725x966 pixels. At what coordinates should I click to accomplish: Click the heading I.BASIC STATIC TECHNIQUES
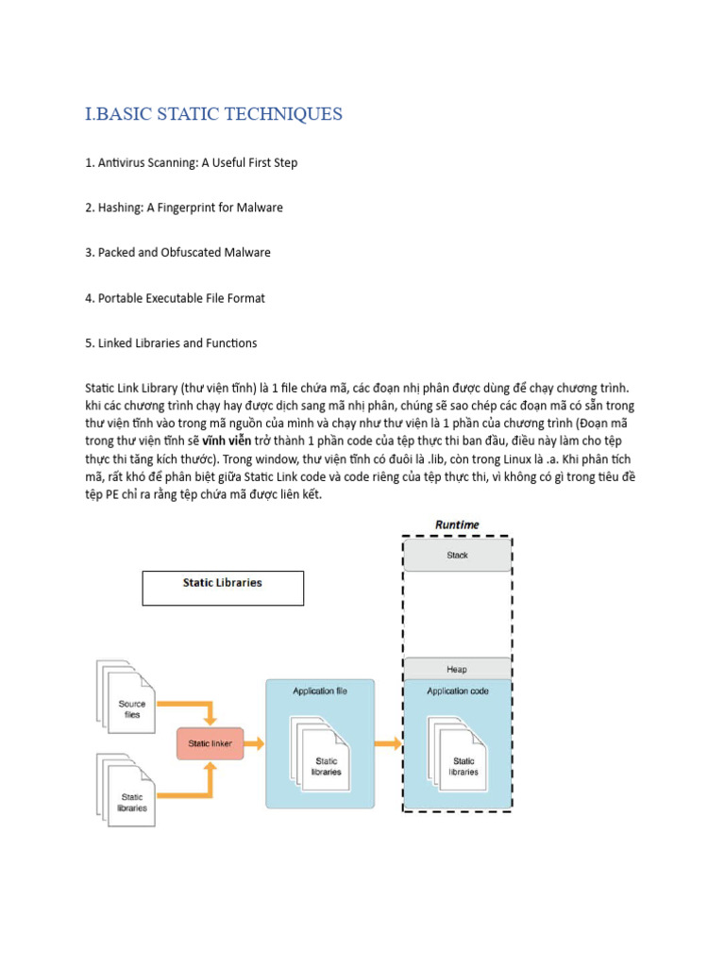point(213,114)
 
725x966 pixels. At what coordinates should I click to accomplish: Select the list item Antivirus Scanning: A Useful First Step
point(191,162)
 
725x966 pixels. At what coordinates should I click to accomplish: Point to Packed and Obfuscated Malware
point(177,253)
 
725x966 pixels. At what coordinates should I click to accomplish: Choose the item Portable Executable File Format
point(175,298)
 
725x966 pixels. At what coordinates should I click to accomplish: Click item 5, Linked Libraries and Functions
point(171,343)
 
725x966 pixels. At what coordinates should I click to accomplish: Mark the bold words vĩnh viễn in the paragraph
point(227,441)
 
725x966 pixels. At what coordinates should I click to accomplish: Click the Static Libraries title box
point(223,587)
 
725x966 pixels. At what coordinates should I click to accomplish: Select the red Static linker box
point(211,743)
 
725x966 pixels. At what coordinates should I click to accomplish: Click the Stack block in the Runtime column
point(457,556)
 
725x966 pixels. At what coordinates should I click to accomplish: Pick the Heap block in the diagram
point(457,669)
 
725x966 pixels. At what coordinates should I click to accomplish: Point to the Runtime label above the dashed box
point(457,525)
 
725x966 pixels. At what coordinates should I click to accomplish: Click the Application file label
point(320,691)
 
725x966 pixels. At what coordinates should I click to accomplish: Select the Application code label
point(458,691)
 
